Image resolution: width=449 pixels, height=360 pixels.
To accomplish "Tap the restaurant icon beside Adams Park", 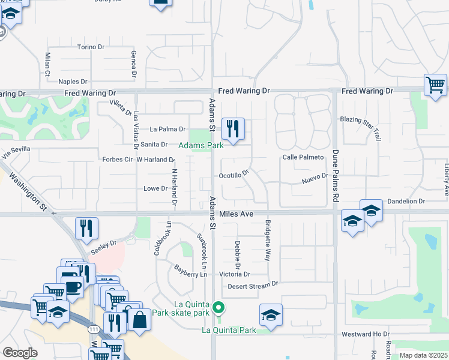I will click(x=233, y=128).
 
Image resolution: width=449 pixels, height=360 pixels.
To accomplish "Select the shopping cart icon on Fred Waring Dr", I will click(x=435, y=85).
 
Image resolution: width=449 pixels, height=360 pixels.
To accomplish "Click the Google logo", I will click(x=20, y=353).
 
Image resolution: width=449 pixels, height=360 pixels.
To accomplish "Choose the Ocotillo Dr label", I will click(x=234, y=176).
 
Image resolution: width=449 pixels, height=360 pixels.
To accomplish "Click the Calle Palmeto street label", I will click(x=303, y=157).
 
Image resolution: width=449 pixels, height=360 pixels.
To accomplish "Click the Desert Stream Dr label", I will click(x=253, y=286).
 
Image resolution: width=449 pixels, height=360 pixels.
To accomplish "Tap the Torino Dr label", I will click(x=91, y=47).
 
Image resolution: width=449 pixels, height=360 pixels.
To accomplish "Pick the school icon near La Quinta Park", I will click(x=271, y=315).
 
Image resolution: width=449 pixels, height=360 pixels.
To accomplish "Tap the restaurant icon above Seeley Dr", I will click(x=86, y=229).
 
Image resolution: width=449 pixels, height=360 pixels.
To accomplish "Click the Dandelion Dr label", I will click(x=406, y=202).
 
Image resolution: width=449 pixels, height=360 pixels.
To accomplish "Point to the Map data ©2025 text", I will click(x=423, y=355).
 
